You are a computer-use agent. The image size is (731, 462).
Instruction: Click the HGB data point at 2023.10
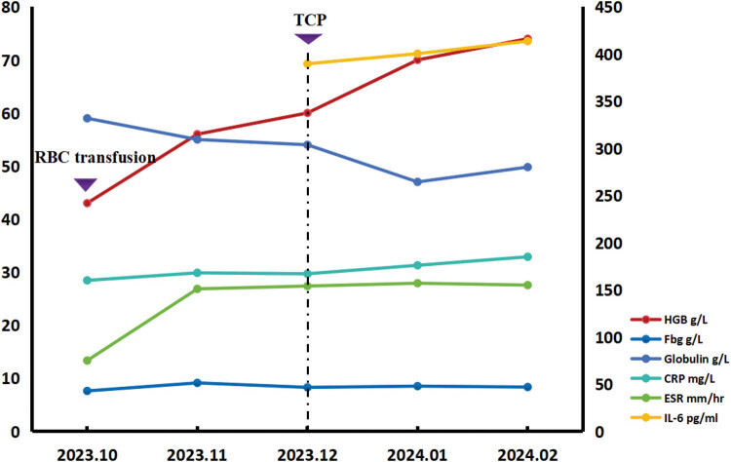click(x=87, y=203)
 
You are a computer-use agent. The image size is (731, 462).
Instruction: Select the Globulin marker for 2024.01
click(x=417, y=182)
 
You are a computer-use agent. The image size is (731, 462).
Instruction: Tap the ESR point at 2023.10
click(x=87, y=361)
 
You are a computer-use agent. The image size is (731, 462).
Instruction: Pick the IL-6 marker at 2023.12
click(x=307, y=63)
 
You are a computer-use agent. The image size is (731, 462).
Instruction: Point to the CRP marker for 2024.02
click(x=527, y=257)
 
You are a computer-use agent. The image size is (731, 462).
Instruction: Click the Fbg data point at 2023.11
click(x=197, y=383)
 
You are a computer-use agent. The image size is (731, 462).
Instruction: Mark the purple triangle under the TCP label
click(x=308, y=39)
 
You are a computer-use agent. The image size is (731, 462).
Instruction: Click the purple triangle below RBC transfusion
click(x=86, y=184)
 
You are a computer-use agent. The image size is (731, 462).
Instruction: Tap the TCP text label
click(x=310, y=20)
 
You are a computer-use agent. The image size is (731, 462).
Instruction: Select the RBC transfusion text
click(x=96, y=158)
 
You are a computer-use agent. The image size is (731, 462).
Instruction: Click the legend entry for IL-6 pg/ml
click(x=674, y=418)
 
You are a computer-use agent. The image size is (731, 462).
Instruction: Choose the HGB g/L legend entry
click(x=669, y=320)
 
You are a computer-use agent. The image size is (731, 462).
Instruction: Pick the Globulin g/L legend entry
click(x=679, y=359)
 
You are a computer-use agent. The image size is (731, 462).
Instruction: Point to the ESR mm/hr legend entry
click(x=677, y=398)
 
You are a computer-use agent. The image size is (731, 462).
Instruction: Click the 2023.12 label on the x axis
click(x=307, y=454)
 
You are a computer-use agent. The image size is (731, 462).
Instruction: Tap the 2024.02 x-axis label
click(x=527, y=454)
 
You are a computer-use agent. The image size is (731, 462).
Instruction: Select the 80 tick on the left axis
click(x=11, y=8)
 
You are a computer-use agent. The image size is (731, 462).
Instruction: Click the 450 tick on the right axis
click(x=608, y=8)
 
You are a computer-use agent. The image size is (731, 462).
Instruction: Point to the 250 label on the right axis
click(x=608, y=196)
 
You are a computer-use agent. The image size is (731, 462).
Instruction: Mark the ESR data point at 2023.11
click(x=197, y=289)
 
